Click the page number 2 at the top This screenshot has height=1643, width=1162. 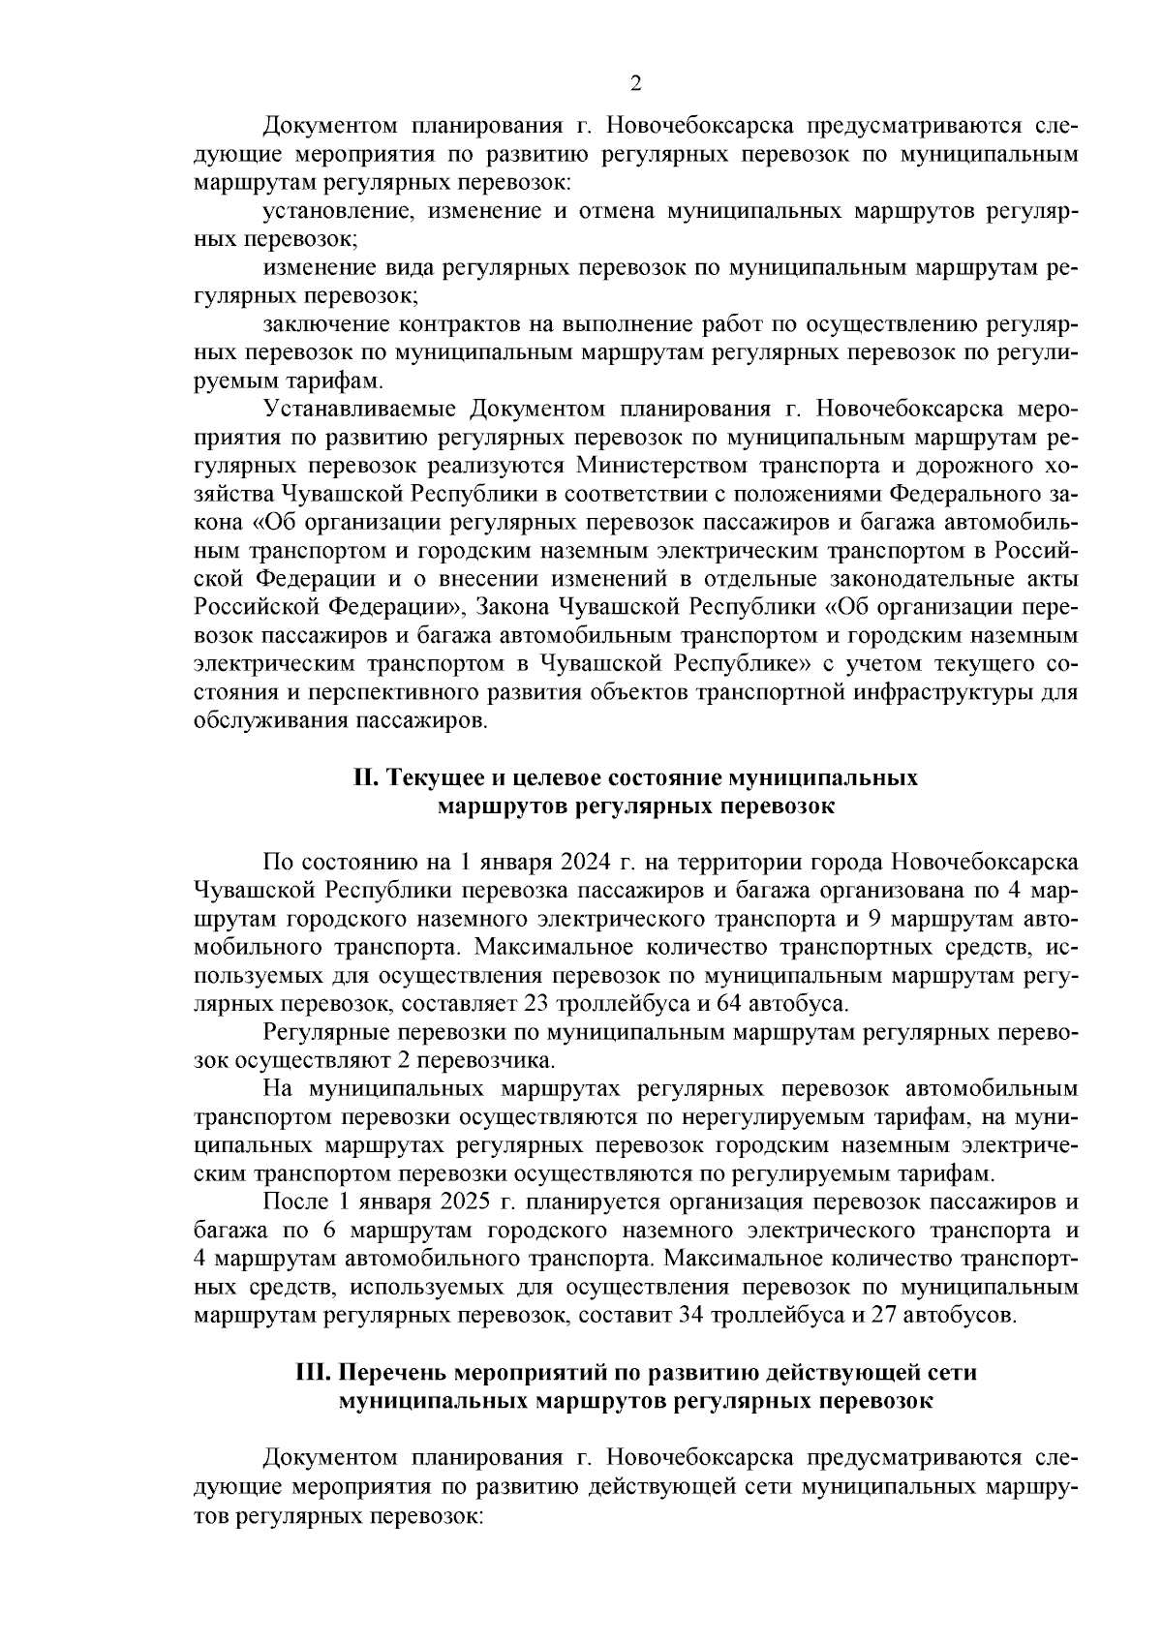635,83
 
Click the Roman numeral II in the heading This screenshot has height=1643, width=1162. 364,778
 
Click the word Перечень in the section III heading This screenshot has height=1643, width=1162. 392,1372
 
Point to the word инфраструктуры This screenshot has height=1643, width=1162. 937,693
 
